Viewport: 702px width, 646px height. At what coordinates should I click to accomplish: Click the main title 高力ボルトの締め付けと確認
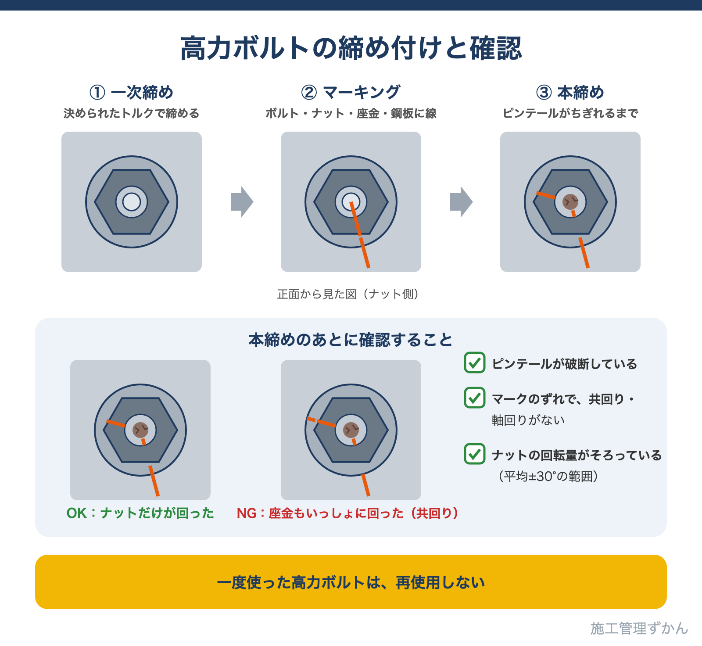(x=351, y=48)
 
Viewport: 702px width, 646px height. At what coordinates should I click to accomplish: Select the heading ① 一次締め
(x=131, y=92)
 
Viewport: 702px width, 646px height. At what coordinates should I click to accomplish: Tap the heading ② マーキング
(x=351, y=92)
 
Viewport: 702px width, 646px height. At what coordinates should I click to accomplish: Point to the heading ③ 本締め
(x=570, y=92)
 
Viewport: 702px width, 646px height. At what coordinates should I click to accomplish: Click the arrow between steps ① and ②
(x=242, y=202)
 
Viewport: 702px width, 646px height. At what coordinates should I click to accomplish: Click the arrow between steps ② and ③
(x=462, y=202)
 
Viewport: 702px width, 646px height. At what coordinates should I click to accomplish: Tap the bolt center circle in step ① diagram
(x=132, y=202)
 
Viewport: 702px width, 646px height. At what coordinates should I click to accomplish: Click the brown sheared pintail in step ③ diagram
(x=570, y=202)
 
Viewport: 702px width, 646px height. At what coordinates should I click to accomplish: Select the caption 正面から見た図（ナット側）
(x=348, y=294)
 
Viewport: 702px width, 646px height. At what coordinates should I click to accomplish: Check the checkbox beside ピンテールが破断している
(x=475, y=362)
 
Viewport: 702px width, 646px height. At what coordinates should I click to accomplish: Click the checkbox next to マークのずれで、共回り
(x=475, y=398)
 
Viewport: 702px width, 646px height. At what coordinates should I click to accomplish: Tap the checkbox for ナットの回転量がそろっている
(x=475, y=454)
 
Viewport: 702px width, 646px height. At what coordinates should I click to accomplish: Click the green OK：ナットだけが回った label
(x=140, y=513)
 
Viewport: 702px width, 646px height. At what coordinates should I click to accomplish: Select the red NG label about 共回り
(x=347, y=513)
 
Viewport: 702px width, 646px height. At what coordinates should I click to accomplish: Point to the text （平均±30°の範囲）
(x=548, y=476)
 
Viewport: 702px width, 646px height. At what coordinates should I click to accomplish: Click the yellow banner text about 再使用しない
(x=351, y=582)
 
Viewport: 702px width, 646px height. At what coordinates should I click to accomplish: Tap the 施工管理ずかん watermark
(x=639, y=628)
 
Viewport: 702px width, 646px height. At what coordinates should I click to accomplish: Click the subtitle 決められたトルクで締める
(x=132, y=113)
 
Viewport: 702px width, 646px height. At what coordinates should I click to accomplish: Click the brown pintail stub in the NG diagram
(x=351, y=430)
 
